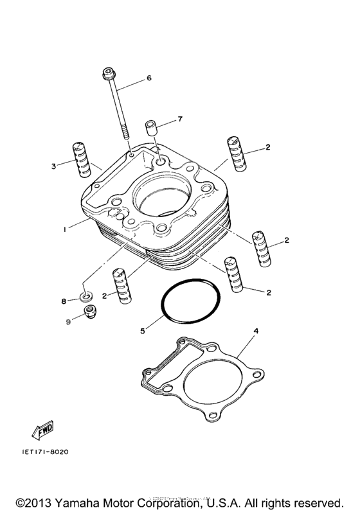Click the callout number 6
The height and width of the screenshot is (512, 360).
pyautogui.click(x=149, y=78)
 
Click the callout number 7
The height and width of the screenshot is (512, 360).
pyautogui.click(x=181, y=119)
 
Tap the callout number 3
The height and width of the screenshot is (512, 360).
pyautogui.click(x=55, y=166)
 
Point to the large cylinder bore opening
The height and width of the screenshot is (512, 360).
pyautogui.click(x=161, y=200)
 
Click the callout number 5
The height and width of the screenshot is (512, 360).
pyautogui.click(x=142, y=331)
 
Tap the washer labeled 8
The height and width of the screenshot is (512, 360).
pyautogui.click(x=84, y=297)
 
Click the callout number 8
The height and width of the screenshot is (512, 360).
pyautogui.click(x=64, y=301)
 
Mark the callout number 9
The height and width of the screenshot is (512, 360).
pyautogui.click(x=67, y=322)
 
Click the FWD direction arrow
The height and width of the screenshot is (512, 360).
pyautogui.click(x=42, y=429)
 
